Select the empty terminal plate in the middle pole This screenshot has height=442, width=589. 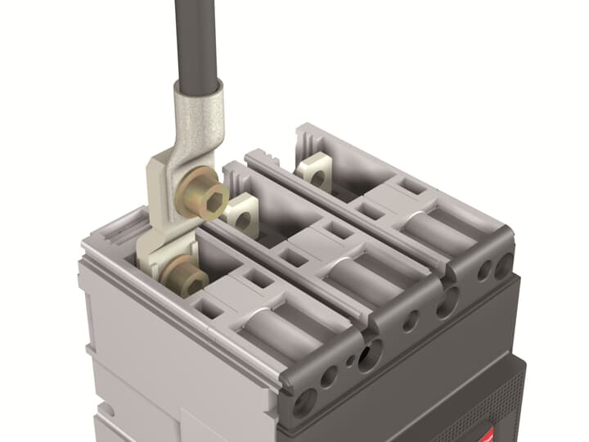[x=241, y=214]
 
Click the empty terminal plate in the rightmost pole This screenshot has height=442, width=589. [x=315, y=174]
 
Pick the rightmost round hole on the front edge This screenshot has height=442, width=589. [x=501, y=264]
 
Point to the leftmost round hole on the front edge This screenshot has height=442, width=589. [x=304, y=400]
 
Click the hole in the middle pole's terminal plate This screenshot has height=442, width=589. [x=242, y=218]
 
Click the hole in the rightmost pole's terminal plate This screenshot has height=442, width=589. [x=317, y=175]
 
